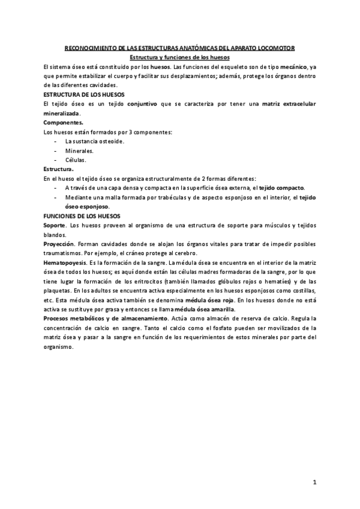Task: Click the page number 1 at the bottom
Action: click(314, 482)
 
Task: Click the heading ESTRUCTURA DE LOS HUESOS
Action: click(80, 94)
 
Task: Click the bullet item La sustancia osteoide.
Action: click(95, 141)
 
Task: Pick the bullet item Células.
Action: click(76, 160)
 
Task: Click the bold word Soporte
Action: click(55, 224)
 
